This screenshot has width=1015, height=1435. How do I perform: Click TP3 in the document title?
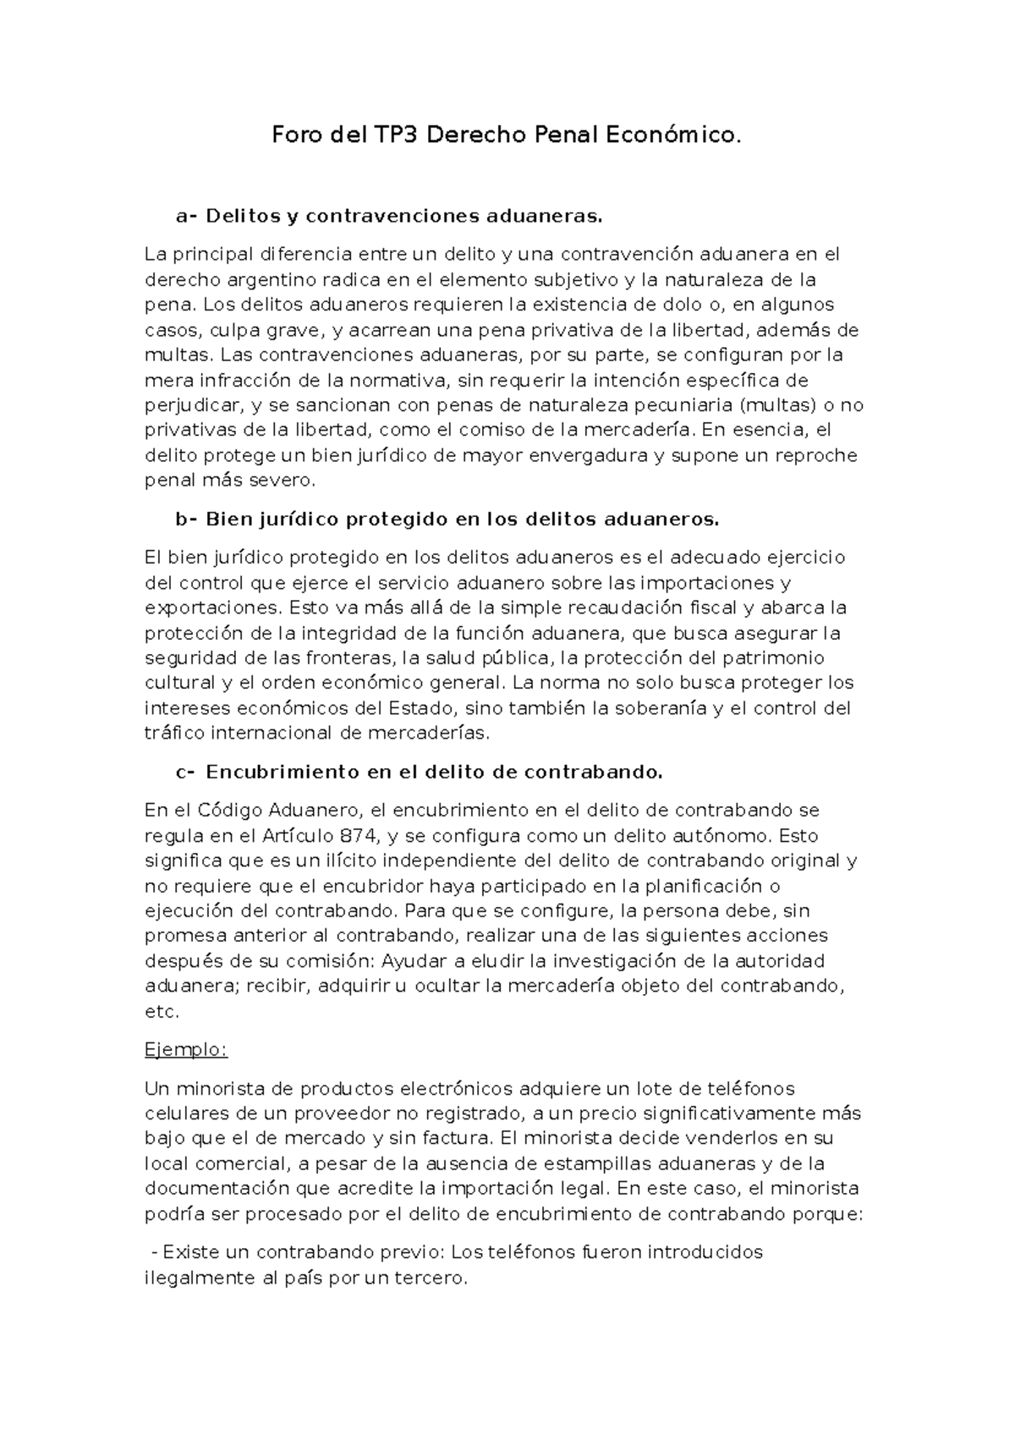(393, 135)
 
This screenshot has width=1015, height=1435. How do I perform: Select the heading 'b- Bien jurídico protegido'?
(447, 520)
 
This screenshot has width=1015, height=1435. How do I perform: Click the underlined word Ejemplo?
(186, 1050)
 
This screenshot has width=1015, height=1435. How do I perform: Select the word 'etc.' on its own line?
(162, 1011)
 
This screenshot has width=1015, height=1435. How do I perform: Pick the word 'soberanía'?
(660, 708)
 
